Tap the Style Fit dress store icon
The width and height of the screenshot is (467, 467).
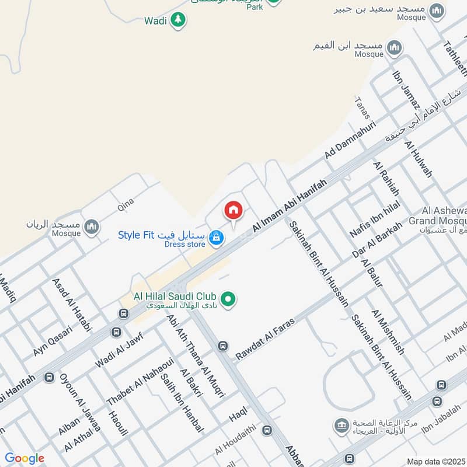217,238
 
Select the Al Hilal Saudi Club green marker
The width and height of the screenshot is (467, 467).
230,299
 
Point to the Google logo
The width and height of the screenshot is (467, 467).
25,459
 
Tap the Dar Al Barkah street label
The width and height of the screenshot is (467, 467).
377,240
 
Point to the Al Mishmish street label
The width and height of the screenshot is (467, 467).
387,332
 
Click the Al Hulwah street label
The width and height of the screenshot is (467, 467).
419,159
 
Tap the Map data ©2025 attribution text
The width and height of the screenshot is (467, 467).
436,461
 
